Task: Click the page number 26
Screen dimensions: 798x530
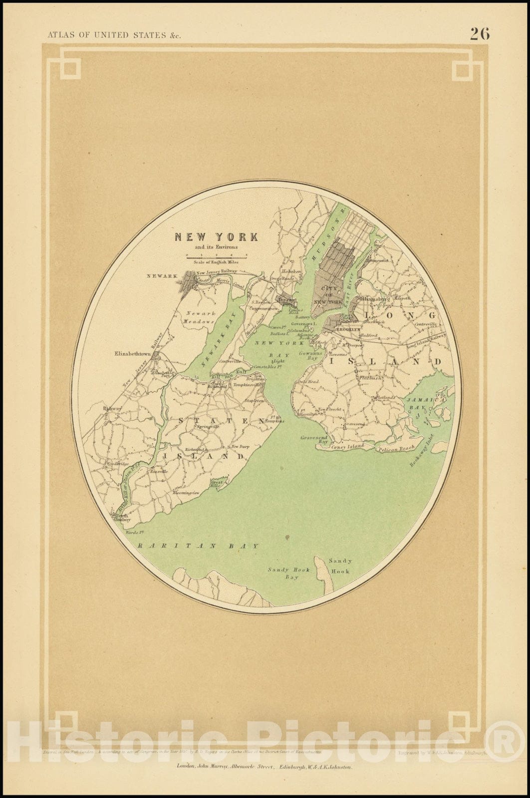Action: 479,33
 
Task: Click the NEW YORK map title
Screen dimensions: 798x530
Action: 216,237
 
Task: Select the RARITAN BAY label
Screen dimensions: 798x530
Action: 198,546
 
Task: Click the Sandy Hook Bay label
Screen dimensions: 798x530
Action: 289,573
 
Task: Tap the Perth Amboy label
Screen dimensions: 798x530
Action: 123,517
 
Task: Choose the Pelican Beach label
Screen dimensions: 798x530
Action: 397,448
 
